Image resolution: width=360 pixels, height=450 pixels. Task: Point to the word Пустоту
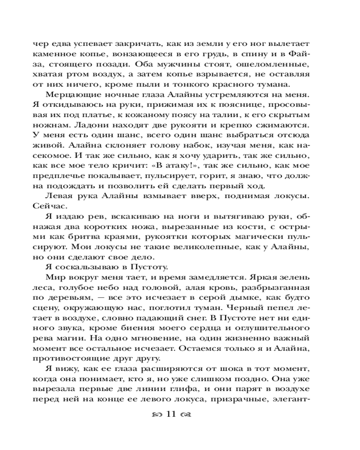[x=151, y=267]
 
